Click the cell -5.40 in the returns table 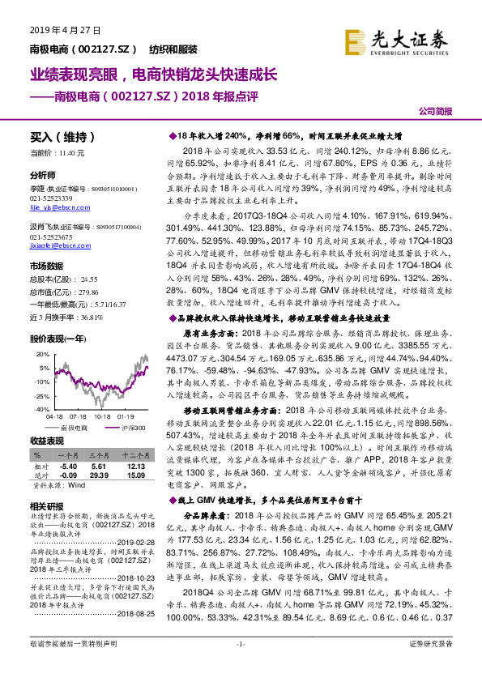(68, 467)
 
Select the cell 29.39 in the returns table (99, 475)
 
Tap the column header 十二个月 (133, 457)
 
